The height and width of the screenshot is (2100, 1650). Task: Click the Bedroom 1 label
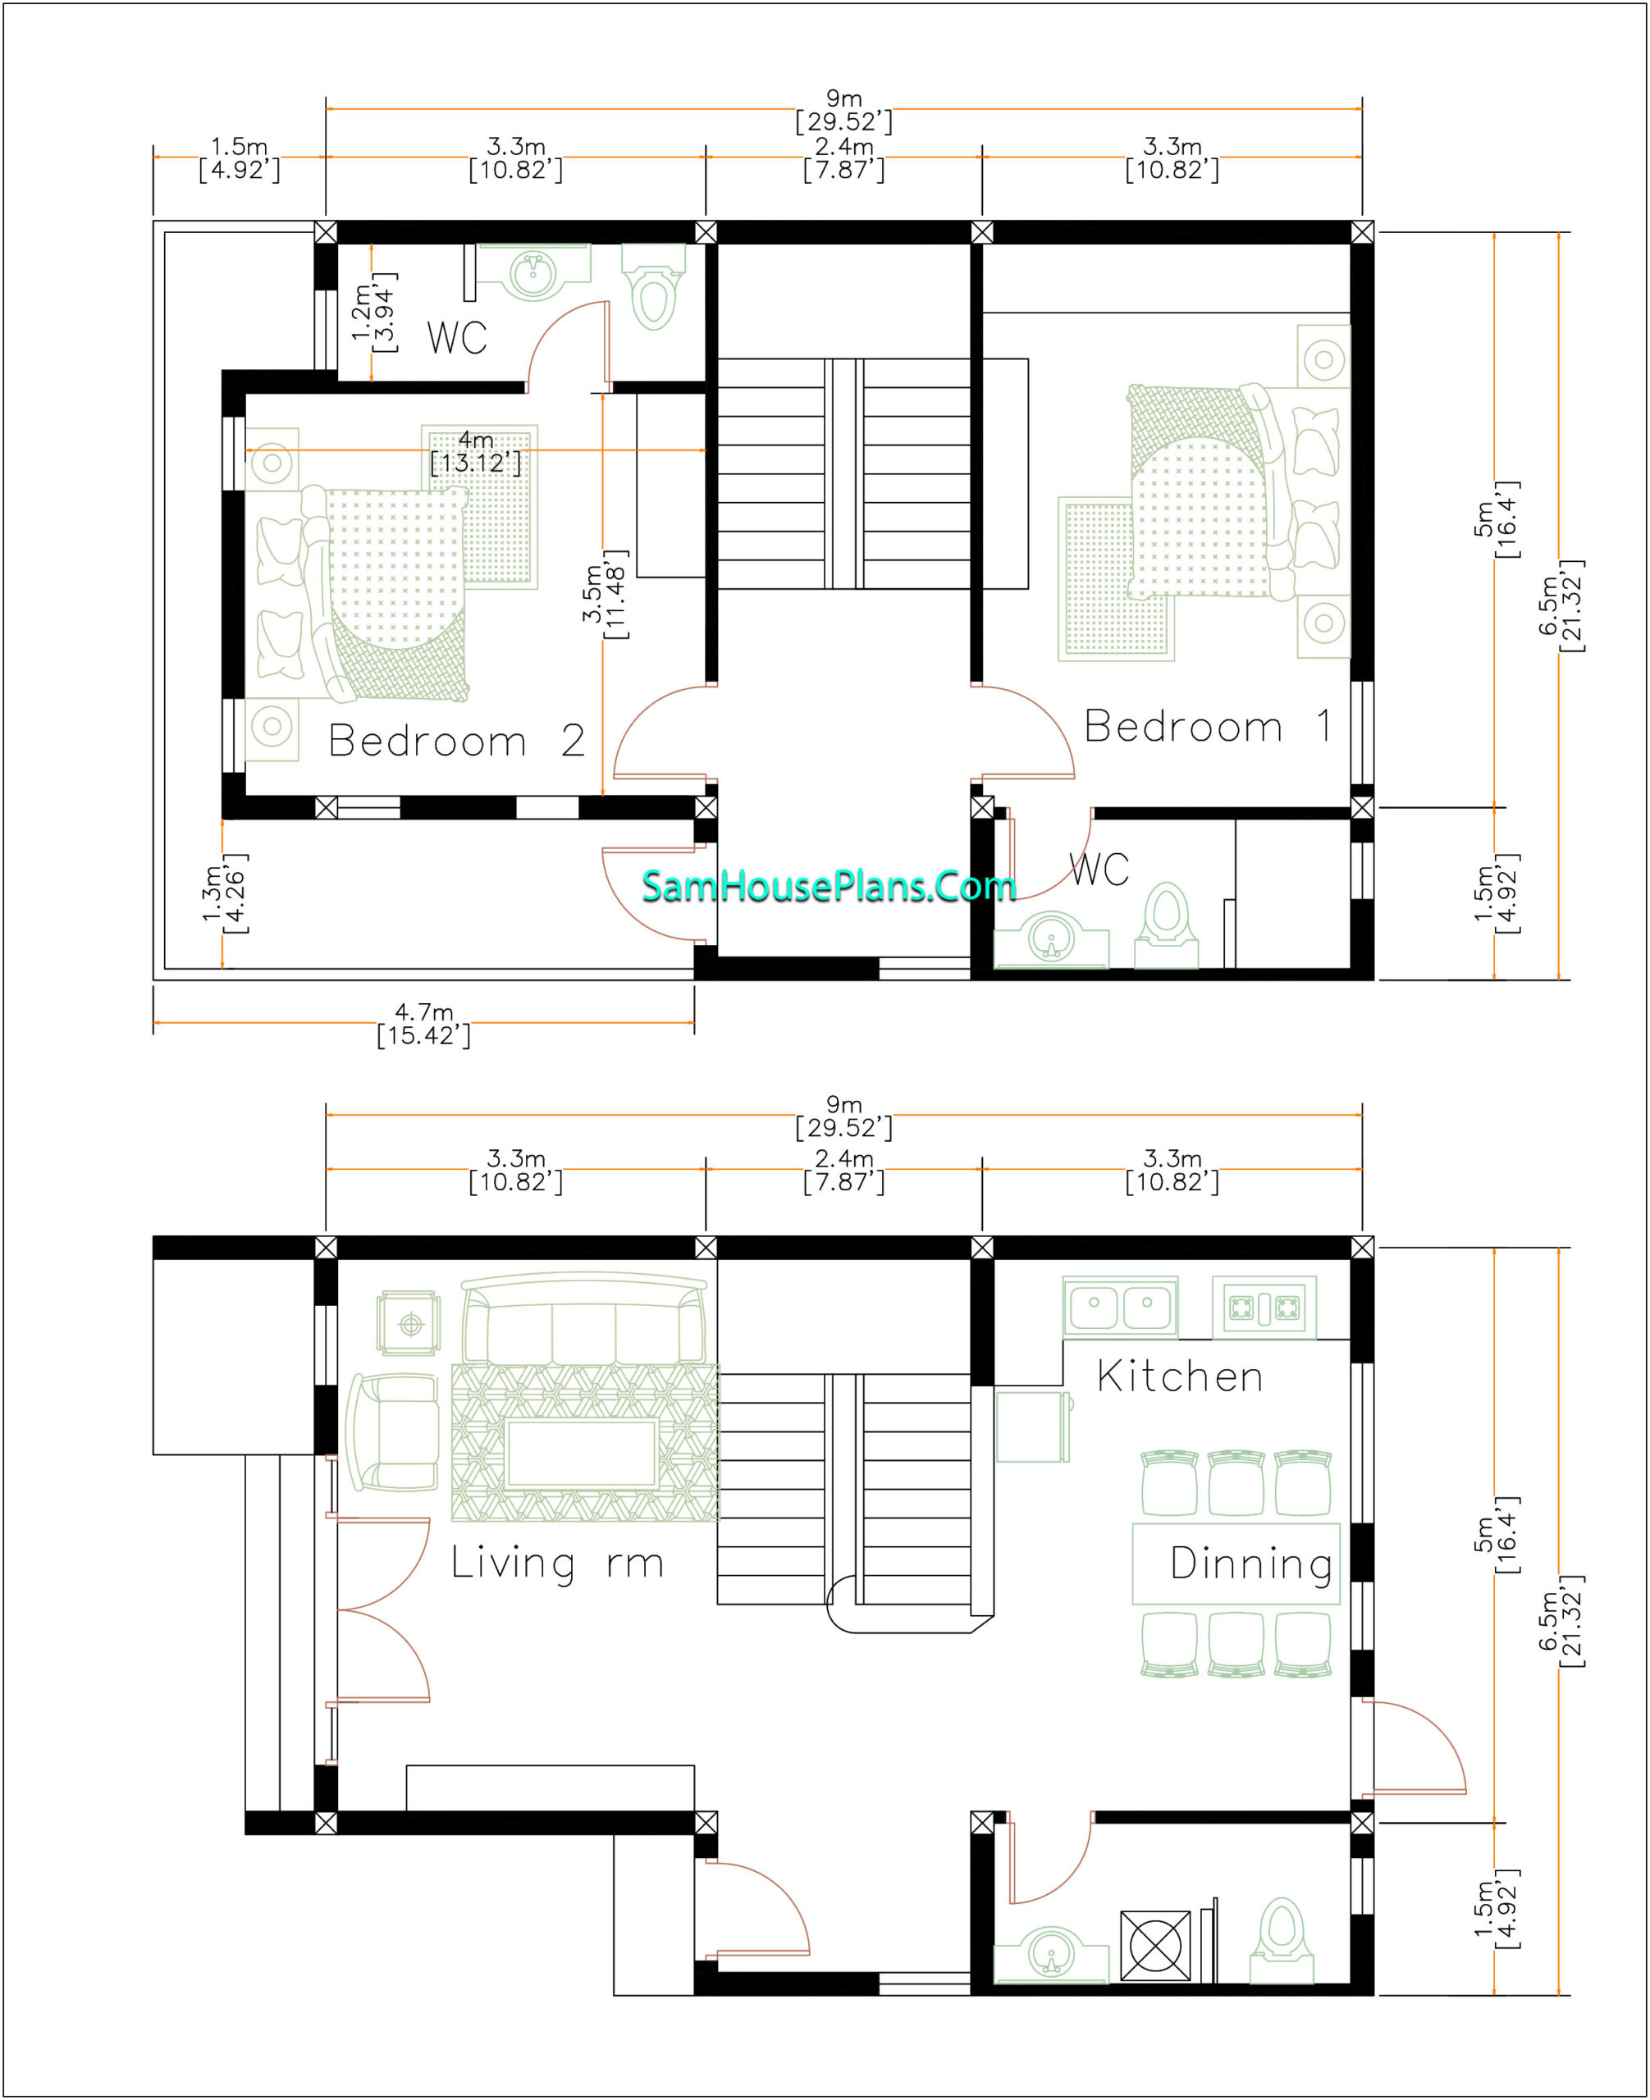pos(1208,727)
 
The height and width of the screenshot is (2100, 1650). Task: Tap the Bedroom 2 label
pos(456,741)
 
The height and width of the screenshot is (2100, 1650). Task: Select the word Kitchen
pos(1180,1376)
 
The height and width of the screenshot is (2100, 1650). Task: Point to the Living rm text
pos(557,1563)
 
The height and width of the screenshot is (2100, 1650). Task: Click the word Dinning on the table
pos(1251,1564)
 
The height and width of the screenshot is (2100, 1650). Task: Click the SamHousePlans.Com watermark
pos(829,886)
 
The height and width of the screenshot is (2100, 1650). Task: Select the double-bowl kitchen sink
pos(1121,1307)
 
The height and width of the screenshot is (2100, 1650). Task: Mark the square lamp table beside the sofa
pos(409,1323)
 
